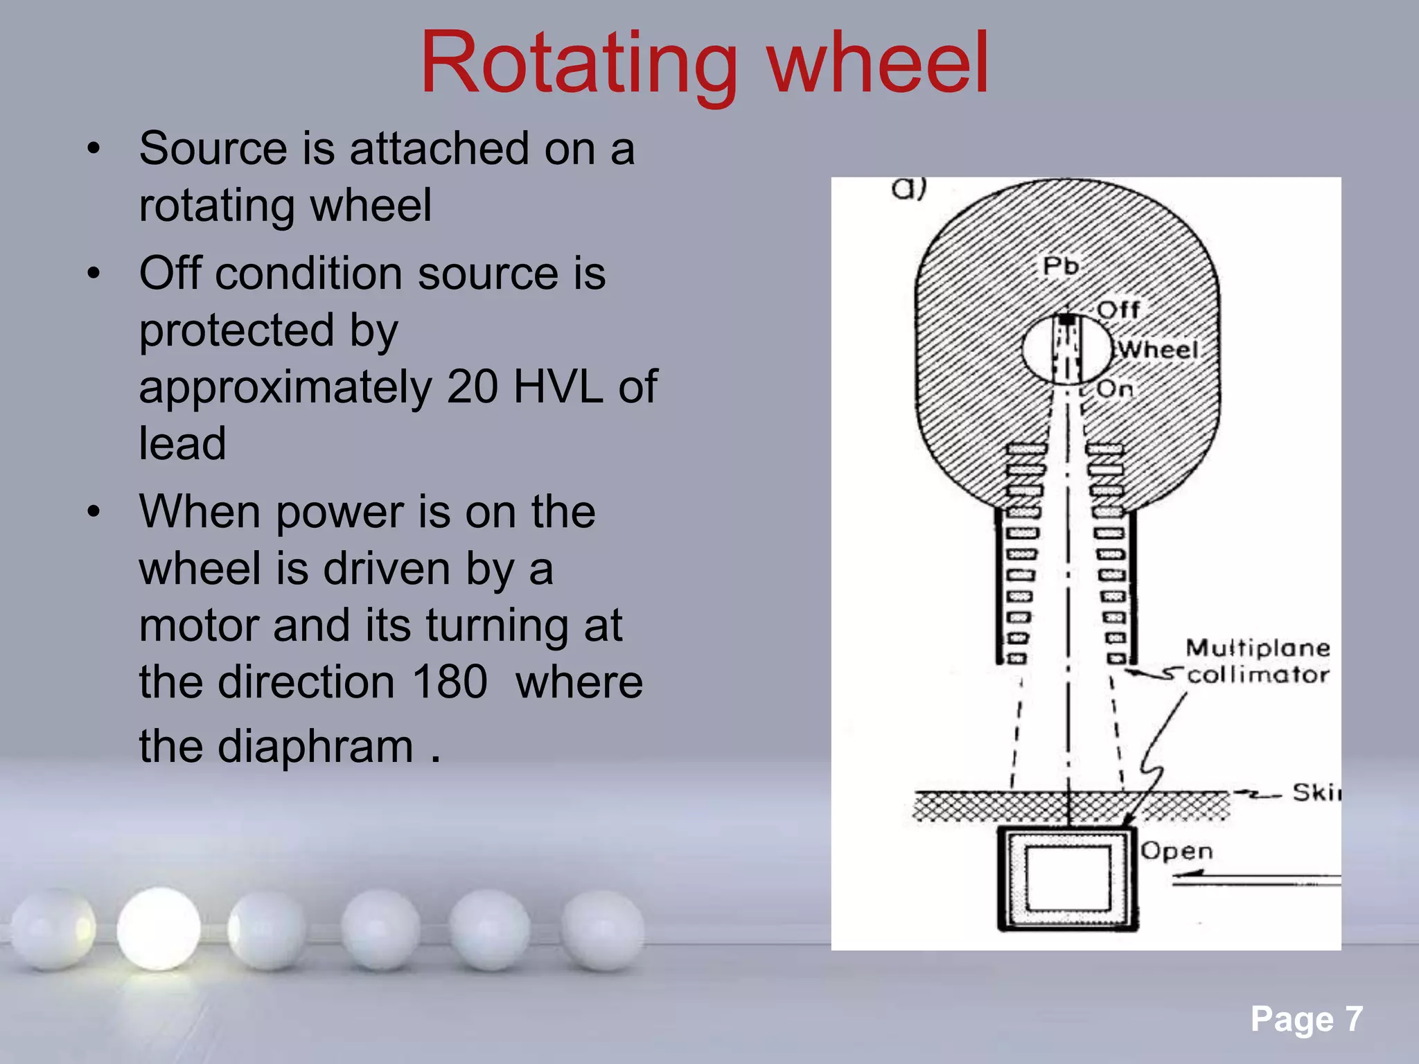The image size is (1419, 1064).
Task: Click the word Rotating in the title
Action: pos(579,64)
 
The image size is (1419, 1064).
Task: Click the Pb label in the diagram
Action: pos(1061,265)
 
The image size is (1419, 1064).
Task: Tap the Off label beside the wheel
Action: pos(1118,309)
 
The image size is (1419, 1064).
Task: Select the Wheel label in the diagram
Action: pos(1158,349)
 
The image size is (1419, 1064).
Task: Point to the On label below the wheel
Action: pos(1114,389)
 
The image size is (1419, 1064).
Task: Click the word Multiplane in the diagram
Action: pos(1258,648)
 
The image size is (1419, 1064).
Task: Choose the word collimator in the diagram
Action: pos(1258,675)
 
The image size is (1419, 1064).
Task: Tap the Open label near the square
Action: pos(1176,851)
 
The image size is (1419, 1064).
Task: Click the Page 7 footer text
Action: pos(1306,1019)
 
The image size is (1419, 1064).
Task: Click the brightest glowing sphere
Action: pos(159,928)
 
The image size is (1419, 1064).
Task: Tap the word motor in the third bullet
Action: pos(198,626)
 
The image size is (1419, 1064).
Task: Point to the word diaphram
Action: pos(315,747)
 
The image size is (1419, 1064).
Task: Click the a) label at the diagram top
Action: pos(908,188)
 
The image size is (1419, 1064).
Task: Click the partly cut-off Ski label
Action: pos(1315,792)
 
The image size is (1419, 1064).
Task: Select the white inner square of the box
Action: pos(1068,879)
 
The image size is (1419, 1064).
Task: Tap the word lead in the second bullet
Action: pos(182,443)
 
